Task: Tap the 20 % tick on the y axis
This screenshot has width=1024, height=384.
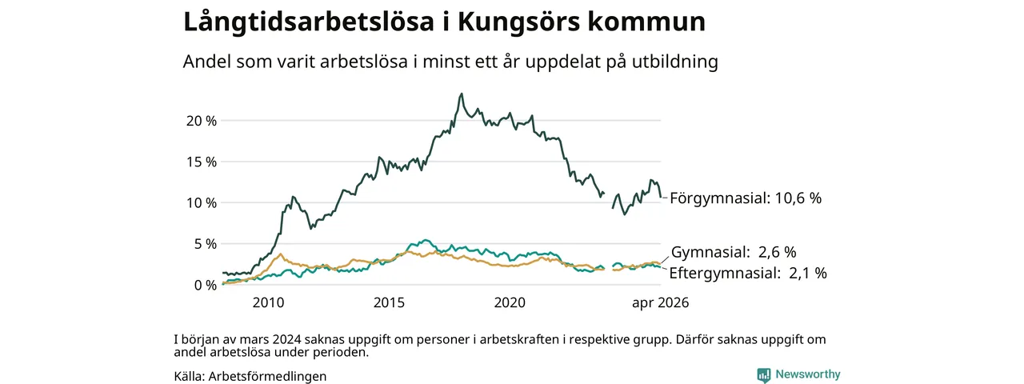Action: click(201, 121)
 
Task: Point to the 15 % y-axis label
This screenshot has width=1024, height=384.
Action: click(201, 162)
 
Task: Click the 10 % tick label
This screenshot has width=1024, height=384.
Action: click(201, 203)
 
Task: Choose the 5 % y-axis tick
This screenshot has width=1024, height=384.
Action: click(206, 244)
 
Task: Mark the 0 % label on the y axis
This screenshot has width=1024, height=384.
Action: click(206, 286)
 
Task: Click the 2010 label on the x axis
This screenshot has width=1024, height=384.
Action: click(268, 302)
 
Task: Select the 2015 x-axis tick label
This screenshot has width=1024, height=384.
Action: click(389, 302)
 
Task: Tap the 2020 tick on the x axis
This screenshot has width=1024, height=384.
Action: click(510, 302)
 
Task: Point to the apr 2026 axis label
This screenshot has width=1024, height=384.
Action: click(660, 302)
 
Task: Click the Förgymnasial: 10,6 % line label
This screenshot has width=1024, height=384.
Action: click(746, 198)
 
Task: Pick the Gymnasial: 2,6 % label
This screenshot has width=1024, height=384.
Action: click(734, 252)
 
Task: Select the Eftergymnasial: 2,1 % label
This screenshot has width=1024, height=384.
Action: click(748, 274)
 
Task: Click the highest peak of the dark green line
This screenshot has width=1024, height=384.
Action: click(462, 94)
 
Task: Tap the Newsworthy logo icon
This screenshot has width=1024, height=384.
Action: click(763, 375)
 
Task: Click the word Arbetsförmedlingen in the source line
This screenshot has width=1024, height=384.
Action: click(267, 377)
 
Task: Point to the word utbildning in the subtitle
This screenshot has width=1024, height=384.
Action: click(675, 62)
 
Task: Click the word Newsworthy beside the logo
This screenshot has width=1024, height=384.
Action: click(808, 374)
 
